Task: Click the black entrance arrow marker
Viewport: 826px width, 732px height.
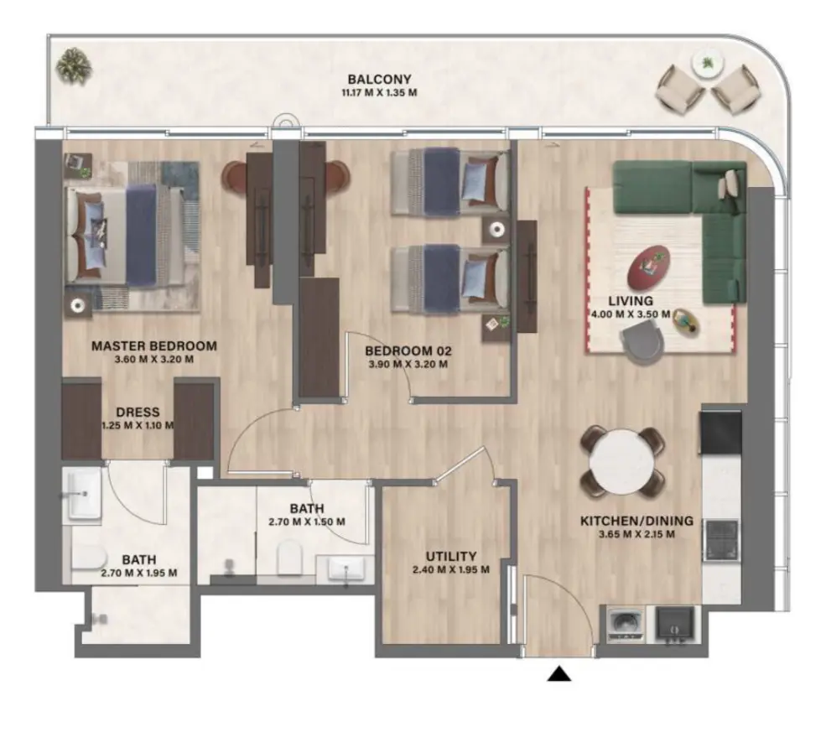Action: (559, 673)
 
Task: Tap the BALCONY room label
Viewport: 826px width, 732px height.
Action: (380, 80)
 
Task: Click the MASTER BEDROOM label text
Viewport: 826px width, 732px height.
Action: (153, 345)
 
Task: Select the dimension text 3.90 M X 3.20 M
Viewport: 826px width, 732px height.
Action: (408, 365)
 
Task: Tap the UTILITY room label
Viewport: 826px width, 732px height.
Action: (450, 556)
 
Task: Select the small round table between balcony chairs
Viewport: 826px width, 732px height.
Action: (708, 63)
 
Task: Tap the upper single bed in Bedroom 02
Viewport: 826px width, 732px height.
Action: (451, 178)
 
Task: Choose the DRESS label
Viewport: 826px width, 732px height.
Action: (138, 412)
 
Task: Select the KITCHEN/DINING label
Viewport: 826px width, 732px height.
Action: (636, 521)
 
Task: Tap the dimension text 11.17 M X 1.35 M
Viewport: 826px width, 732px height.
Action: (380, 93)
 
